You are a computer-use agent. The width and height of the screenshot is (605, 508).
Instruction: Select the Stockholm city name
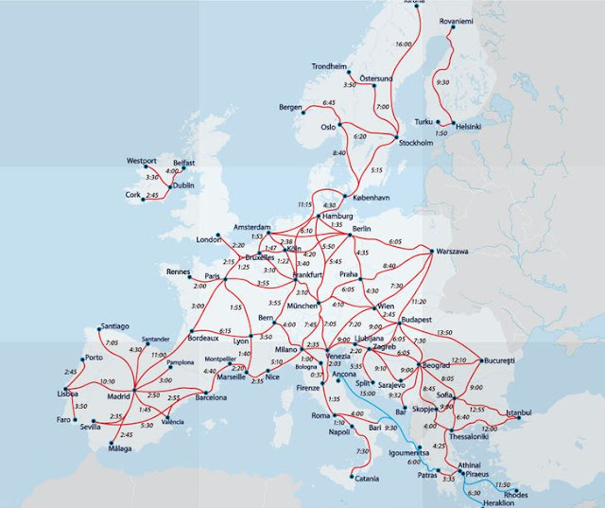(411, 144)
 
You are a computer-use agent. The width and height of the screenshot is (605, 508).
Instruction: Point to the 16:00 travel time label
(405, 44)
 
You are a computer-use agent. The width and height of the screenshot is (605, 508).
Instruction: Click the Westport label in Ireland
(141, 161)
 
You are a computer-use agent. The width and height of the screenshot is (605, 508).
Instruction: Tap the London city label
(207, 239)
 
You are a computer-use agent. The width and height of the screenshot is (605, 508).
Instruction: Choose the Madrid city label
(118, 396)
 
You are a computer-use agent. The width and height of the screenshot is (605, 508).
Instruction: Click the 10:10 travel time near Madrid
(107, 382)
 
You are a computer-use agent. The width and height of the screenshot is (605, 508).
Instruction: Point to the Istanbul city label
(519, 412)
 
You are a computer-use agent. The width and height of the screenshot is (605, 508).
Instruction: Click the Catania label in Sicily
(366, 479)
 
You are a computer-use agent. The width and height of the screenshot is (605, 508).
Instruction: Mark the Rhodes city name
(516, 494)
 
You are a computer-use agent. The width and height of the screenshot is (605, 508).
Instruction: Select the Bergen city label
(290, 108)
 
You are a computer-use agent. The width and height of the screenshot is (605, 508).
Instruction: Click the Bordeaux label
(204, 338)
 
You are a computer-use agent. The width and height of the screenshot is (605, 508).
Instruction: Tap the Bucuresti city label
(499, 361)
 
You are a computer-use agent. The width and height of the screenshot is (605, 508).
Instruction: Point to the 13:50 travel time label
(444, 333)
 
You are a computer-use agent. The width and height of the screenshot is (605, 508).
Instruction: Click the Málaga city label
(119, 449)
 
